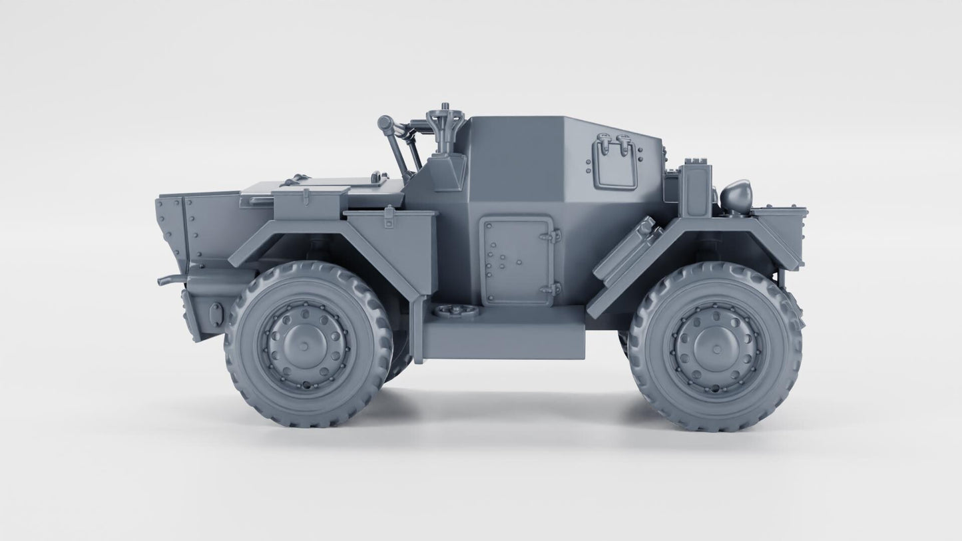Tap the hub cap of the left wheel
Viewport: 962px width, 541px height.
point(303,346)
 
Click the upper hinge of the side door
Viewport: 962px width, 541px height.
point(553,236)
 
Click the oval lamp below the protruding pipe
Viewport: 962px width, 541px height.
point(216,314)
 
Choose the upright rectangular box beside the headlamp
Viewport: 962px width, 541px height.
point(696,189)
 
